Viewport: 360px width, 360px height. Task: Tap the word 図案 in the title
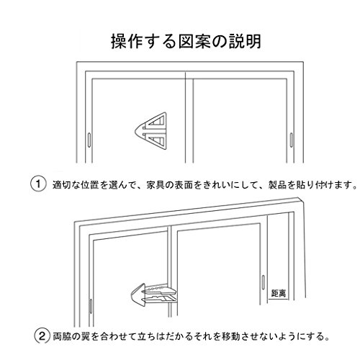(x=194, y=42)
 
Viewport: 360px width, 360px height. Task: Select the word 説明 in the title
(x=245, y=42)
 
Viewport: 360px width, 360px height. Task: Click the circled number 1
(x=38, y=184)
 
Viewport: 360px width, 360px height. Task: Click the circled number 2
(x=42, y=336)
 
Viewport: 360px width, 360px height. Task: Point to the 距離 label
(x=279, y=293)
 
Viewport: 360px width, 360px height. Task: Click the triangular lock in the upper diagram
(x=150, y=131)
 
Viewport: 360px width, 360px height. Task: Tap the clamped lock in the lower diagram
(x=153, y=294)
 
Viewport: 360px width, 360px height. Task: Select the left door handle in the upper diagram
(x=89, y=139)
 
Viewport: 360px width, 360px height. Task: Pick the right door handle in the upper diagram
(x=292, y=140)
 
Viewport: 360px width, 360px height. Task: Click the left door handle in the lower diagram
(x=91, y=306)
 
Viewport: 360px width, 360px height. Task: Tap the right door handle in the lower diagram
(x=263, y=282)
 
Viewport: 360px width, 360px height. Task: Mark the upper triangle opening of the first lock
(x=157, y=122)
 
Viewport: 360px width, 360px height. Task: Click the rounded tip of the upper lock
(x=136, y=131)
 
